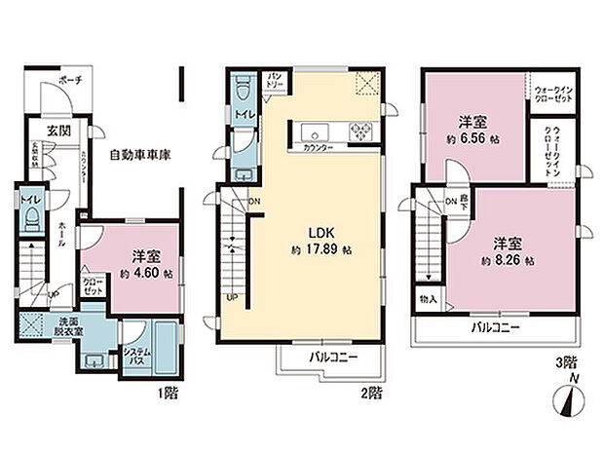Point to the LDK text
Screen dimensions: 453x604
coord(322,234)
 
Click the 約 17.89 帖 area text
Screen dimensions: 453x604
coord(322,250)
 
